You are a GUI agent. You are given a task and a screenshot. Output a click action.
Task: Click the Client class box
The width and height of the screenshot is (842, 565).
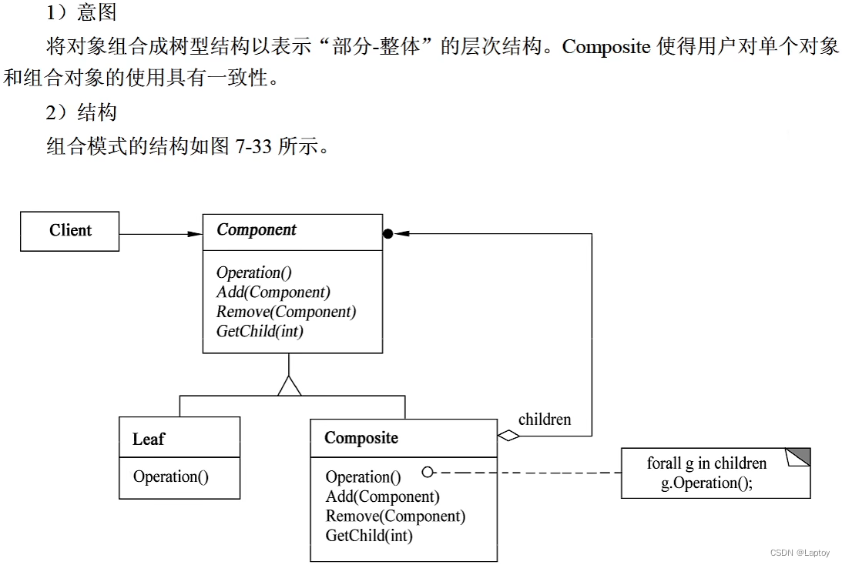coord(70,231)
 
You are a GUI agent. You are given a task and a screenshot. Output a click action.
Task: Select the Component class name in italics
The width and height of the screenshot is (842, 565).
coord(257,230)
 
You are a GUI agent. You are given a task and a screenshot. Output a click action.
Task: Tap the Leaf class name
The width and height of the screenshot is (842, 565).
coord(149,440)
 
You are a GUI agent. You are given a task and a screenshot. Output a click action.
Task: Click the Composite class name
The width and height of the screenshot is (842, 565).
coord(361,438)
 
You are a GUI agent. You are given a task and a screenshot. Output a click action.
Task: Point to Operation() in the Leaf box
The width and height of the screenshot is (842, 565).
coord(171,476)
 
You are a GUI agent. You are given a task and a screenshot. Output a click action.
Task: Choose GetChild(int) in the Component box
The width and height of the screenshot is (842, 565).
coord(260,332)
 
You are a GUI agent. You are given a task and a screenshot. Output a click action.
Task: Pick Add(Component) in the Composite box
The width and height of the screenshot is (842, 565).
coord(382,496)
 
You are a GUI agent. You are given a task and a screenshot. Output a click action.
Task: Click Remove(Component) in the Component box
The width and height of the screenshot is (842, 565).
coord(286,312)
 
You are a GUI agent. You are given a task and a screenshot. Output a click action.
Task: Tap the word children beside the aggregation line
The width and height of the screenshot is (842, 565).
coord(545,420)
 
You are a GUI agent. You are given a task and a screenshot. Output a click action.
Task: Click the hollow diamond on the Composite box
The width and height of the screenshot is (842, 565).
coord(508,436)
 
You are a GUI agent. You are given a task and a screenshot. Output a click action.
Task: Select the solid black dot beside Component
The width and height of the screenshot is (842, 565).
coord(388,234)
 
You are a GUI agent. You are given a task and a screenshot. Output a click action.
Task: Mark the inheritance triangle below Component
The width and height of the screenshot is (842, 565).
coord(290,385)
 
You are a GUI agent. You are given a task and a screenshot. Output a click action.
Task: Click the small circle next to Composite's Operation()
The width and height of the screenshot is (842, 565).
coord(428,472)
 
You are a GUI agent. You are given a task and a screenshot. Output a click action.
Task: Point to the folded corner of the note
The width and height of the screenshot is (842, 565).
coord(799,457)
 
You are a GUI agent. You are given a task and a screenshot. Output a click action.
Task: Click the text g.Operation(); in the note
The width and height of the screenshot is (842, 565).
coord(706,483)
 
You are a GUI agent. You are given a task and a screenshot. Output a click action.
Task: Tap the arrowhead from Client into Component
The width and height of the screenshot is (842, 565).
coord(194,234)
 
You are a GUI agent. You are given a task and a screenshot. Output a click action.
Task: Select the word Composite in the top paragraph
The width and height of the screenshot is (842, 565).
coord(606,47)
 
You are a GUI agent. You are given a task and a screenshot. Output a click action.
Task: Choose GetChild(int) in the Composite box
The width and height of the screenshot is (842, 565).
coord(369,536)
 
